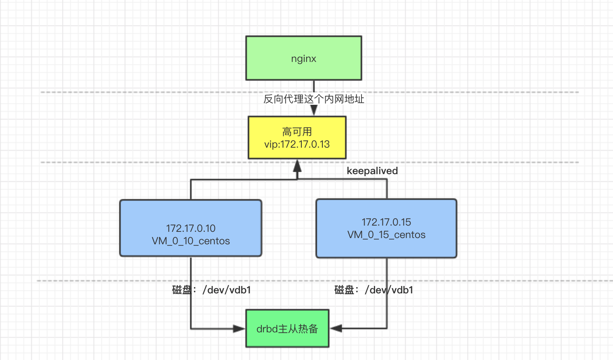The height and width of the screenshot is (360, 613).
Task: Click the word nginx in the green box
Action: pos(303,59)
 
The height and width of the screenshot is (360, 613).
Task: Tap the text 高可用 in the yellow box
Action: pos(297,132)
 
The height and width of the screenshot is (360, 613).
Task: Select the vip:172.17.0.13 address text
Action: pos(297,145)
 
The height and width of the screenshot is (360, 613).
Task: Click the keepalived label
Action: pos(372,171)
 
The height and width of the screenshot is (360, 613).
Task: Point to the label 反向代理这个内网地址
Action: pos(314,99)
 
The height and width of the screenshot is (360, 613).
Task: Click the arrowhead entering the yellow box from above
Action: pos(314,111)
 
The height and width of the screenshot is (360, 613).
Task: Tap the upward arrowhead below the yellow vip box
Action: pos(297,166)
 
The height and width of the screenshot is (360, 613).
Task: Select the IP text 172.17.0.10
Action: pos(190,228)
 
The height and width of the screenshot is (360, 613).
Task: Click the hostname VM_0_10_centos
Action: pos(190,241)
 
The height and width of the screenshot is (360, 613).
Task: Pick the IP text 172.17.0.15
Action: pos(386,222)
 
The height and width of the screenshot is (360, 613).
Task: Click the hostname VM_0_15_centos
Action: pos(386,235)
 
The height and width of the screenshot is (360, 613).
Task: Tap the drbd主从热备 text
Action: pos(287,329)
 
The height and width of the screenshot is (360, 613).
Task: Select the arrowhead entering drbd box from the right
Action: pos(336,328)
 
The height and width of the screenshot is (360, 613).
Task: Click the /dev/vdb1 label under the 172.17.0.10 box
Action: pos(227,290)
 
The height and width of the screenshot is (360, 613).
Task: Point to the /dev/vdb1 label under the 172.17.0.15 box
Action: pos(389,290)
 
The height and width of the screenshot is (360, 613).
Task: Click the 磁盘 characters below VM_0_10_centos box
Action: pos(182,290)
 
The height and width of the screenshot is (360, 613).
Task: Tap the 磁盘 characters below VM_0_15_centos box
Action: pos(344,290)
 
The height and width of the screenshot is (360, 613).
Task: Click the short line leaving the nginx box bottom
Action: pos(314,86)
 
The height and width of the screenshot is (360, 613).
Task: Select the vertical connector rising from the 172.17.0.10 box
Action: pos(191,190)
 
